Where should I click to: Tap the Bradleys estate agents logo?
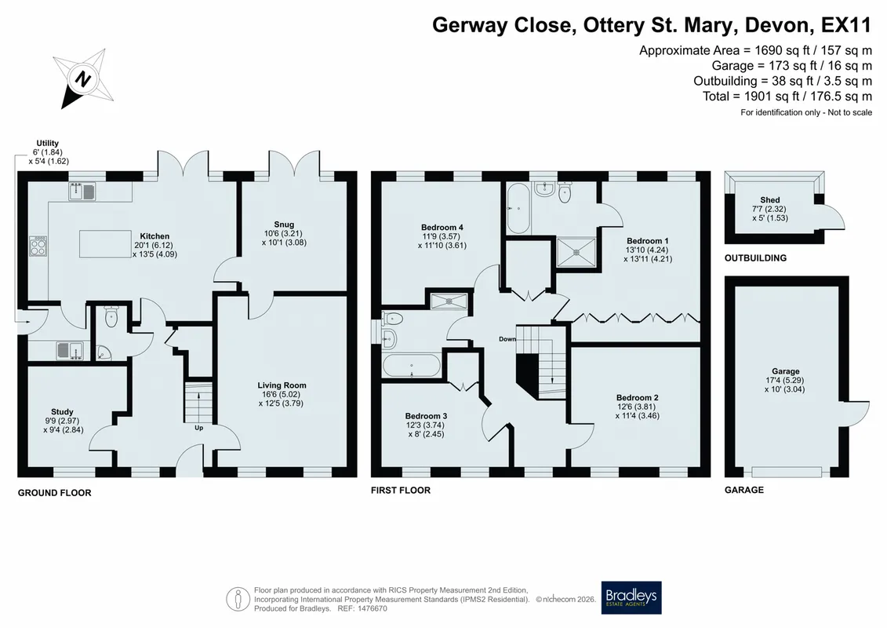point(631,597)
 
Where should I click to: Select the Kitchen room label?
point(154,236)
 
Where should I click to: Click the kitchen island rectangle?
point(106,243)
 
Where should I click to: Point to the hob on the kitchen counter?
point(38,246)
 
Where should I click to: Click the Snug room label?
point(284,225)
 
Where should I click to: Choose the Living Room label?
point(282,385)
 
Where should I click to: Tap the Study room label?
point(62,411)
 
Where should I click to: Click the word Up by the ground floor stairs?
point(198,428)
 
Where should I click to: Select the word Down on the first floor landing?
point(507,339)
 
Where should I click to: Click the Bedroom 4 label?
point(442,228)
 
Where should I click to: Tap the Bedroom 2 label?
point(638,397)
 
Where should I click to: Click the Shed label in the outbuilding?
point(770,200)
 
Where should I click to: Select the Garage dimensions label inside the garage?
point(785,380)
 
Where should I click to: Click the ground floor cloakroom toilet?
point(111,317)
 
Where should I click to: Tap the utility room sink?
point(70,351)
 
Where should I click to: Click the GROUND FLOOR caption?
point(54,493)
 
